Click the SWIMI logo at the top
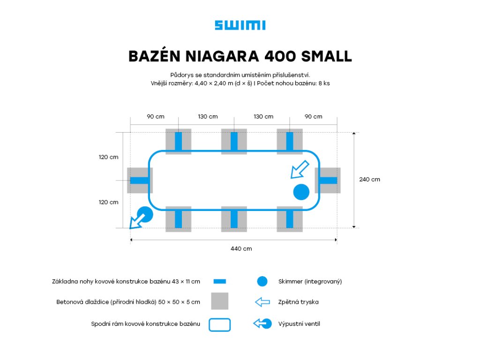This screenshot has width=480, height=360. [x=240, y=25]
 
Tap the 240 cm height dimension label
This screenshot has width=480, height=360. [x=369, y=179]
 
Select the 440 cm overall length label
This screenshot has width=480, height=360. [x=241, y=248]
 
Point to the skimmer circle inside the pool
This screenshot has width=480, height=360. [x=301, y=192]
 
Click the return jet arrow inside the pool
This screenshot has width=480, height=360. [x=300, y=169]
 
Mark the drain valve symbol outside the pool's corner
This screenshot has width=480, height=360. [x=142, y=217]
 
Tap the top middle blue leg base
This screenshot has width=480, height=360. [x=234, y=142]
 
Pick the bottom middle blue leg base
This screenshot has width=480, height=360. [x=234, y=219]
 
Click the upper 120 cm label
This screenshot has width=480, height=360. [x=108, y=157]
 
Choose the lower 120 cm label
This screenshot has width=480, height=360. [x=108, y=202]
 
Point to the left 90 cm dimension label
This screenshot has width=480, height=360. [x=155, y=116]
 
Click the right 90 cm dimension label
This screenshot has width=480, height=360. [x=314, y=116]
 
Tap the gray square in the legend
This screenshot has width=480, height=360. [x=219, y=301]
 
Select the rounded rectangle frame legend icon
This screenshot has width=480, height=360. [x=219, y=324]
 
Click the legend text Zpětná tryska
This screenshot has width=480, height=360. [x=298, y=302]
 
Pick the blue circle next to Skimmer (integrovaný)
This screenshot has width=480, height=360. [x=262, y=281]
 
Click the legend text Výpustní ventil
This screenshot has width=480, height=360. [x=299, y=323]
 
